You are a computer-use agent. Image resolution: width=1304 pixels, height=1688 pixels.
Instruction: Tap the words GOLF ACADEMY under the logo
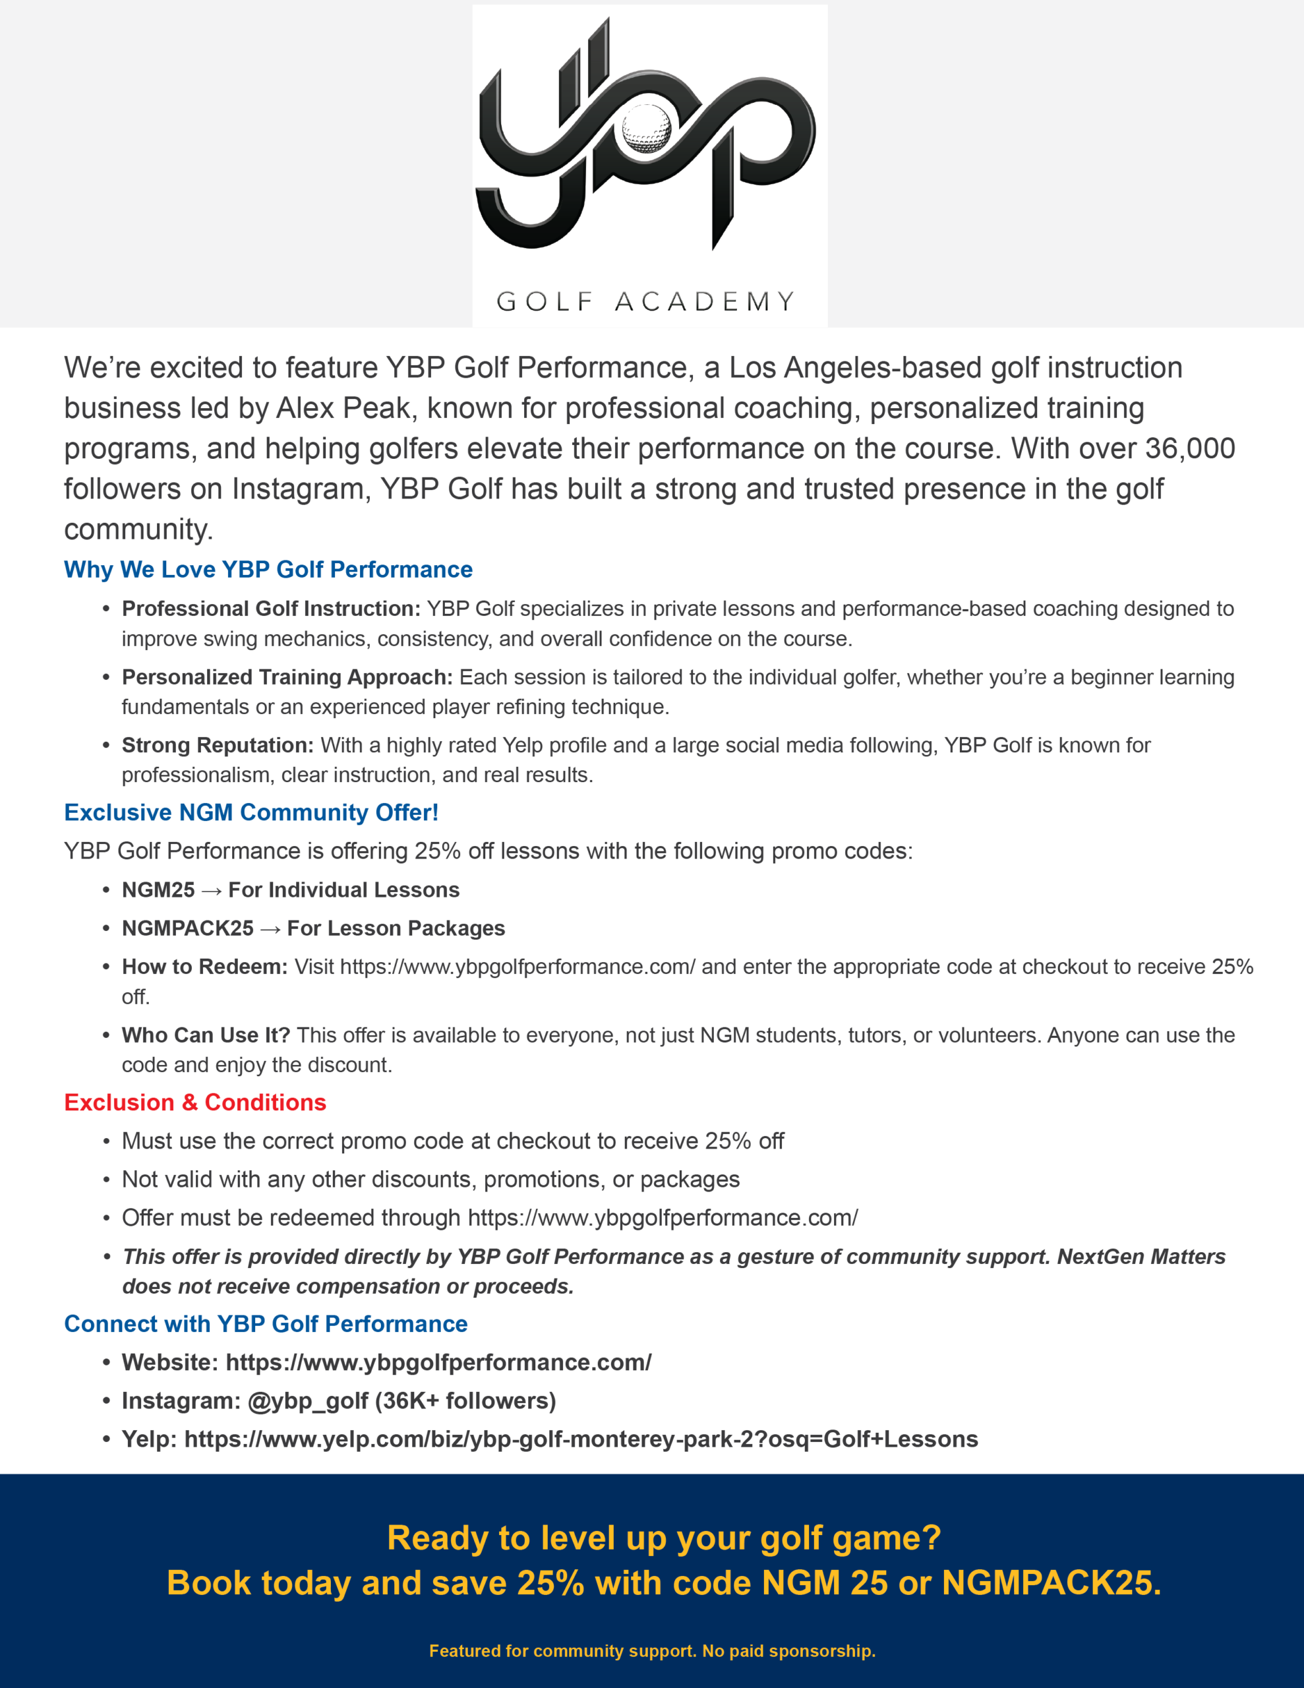[645, 301]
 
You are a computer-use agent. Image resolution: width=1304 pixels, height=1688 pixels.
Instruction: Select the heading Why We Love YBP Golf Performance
[268, 570]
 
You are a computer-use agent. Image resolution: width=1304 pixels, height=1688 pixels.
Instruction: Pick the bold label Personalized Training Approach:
[287, 677]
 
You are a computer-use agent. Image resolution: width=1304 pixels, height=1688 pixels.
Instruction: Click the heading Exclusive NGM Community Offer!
[251, 812]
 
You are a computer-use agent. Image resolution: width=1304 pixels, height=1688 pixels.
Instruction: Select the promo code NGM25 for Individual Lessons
[158, 889]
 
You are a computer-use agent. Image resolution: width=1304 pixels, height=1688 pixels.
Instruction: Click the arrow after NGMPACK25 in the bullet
[270, 929]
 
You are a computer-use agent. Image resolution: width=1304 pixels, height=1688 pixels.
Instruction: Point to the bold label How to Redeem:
[205, 967]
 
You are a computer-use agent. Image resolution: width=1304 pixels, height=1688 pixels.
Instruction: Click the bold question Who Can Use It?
[206, 1035]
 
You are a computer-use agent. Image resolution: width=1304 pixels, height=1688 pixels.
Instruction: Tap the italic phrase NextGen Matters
[1141, 1257]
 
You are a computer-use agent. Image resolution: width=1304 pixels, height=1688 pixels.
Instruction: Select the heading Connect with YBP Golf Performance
[266, 1324]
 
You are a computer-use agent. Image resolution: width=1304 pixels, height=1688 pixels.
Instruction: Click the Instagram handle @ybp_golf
[308, 1401]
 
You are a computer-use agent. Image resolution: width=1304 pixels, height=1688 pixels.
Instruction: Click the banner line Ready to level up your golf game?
[664, 1538]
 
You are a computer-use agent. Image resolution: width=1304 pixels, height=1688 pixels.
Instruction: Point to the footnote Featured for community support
[563, 1651]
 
